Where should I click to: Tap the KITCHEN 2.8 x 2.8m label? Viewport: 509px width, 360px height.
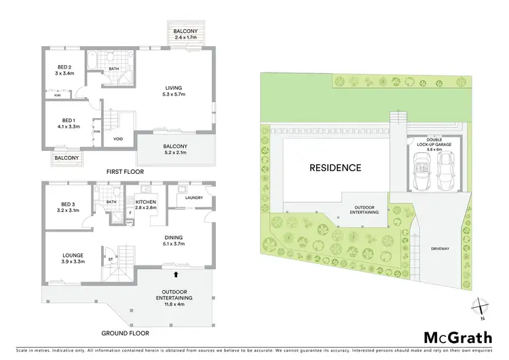[147, 206]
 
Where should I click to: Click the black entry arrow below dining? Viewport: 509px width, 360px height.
[176, 275]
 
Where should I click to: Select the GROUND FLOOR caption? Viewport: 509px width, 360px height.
[126, 334]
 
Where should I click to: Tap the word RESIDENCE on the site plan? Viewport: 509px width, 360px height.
[335, 168]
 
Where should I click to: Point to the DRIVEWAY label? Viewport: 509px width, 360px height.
[440, 249]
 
